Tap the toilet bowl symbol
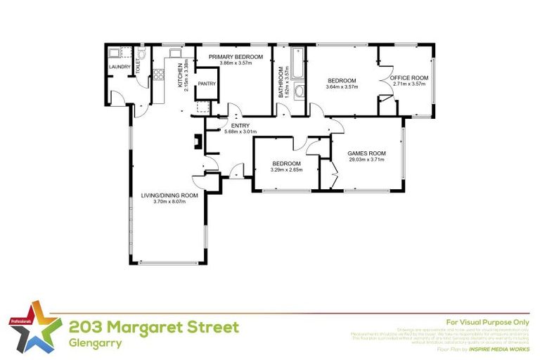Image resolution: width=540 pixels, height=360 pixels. pyautogui.click(x=141, y=54)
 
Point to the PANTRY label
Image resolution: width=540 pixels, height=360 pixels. pyautogui.click(x=207, y=84)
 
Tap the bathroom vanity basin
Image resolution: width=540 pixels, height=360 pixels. pyautogui.click(x=299, y=91)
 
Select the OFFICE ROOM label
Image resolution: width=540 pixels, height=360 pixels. pyautogui.click(x=409, y=77)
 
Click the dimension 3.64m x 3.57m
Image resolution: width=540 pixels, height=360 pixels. pyautogui.click(x=342, y=87)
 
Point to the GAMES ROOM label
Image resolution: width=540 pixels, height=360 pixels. pyautogui.click(x=368, y=153)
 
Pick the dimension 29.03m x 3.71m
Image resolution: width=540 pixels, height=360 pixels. pyautogui.click(x=368, y=160)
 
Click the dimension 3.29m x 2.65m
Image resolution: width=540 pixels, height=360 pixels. pyautogui.click(x=287, y=169)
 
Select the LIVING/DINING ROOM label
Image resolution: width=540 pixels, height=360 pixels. pyautogui.click(x=169, y=195)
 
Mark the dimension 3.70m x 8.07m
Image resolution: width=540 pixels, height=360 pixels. pyautogui.click(x=169, y=202)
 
